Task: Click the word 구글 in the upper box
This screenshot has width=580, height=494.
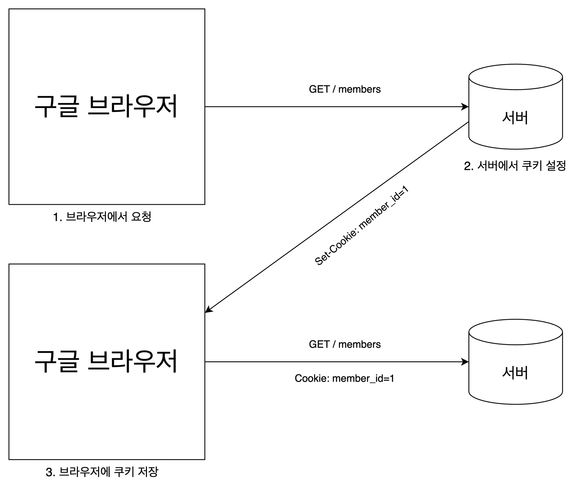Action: tap(56, 106)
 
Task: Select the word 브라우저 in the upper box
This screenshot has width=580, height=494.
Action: tap(132, 106)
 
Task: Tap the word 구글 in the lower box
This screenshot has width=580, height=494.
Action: tap(56, 361)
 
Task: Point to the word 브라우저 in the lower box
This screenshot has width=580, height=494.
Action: tap(132, 361)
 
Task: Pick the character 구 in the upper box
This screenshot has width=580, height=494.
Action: tap(45, 106)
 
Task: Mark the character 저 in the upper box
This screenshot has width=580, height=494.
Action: tap(167, 106)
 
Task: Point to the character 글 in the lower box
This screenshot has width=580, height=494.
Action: tap(67, 361)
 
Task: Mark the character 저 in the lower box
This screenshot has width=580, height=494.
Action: tap(167, 361)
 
